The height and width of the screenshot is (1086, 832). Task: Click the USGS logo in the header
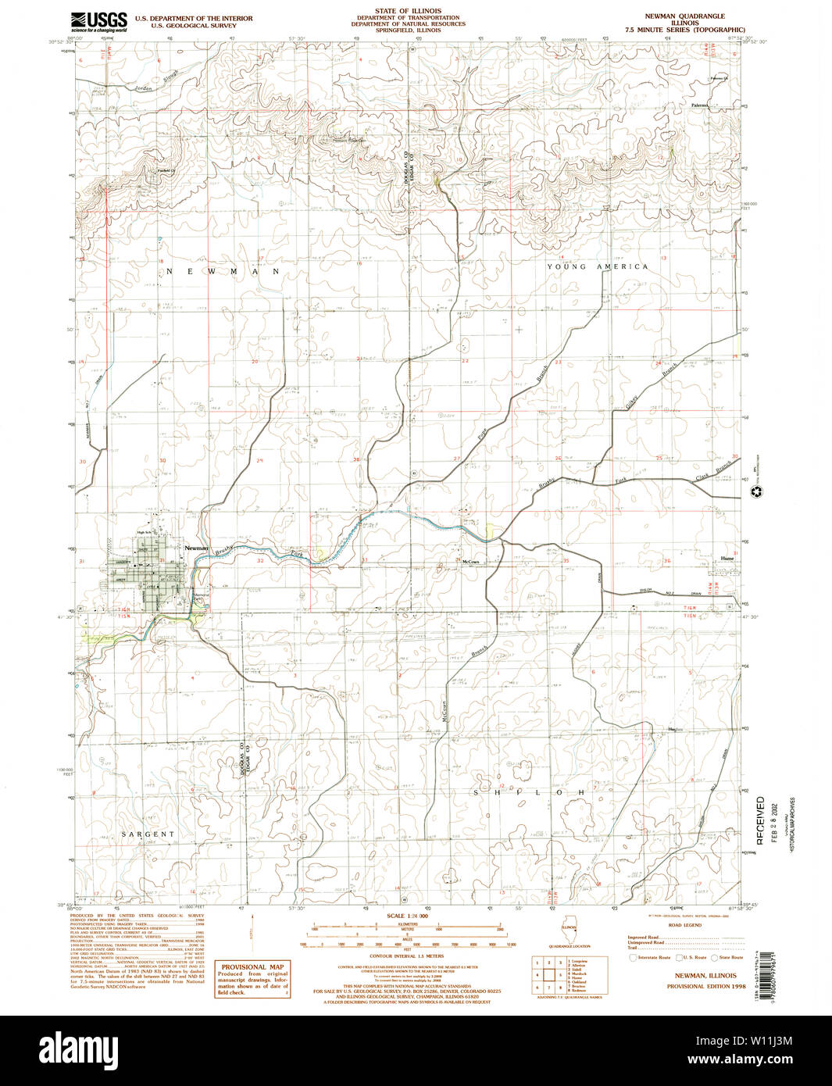coord(98,20)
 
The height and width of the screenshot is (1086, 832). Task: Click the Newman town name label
coord(196,548)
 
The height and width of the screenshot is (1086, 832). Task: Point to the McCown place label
coord(470,562)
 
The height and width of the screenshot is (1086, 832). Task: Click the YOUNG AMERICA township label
coord(597,267)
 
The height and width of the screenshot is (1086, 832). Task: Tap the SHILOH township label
coord(530,792)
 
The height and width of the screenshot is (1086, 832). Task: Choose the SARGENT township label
coord(148,834)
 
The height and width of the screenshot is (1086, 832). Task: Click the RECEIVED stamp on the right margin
coord(761,820)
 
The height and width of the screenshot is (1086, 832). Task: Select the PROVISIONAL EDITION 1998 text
coord(701,987)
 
